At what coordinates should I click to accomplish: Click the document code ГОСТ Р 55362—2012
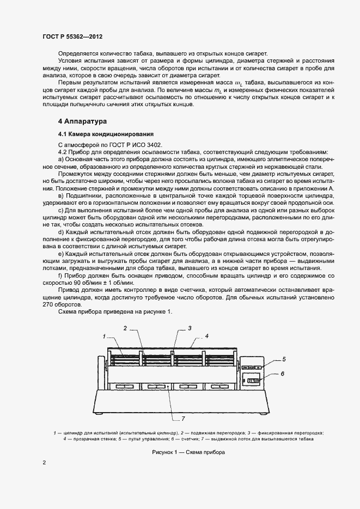click(72, 36)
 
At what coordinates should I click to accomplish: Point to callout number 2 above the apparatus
click(125, 328)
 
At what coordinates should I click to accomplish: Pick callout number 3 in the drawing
click(190, 328)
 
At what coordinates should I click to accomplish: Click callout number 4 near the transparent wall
click(207, 336)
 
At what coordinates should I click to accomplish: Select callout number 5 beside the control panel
click(283, 359)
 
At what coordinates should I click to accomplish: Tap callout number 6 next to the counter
click(283, 374)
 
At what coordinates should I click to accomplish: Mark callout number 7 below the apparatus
click(183, 418)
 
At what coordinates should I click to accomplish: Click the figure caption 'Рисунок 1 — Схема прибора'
click(188, 452)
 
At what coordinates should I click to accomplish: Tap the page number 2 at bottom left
click(44, 463)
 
